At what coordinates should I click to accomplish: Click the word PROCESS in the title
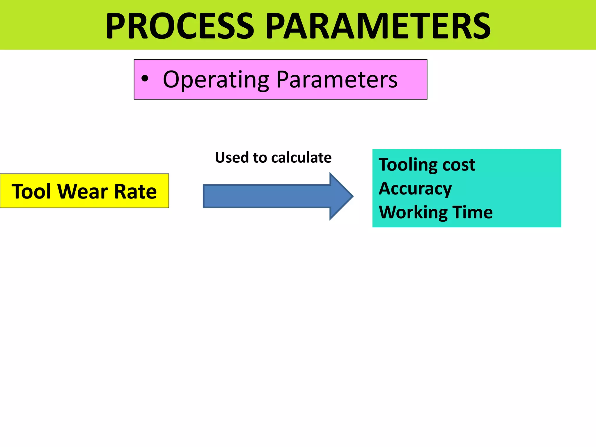(180, 26)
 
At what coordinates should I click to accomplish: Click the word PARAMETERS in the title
(378, 26)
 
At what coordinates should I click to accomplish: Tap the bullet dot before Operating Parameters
(145, 79)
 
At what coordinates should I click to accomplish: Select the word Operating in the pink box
(216, 80)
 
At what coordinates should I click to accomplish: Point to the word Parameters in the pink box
(337, 79)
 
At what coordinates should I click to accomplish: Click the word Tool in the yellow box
(31, 191)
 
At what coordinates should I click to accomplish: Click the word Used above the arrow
(232, 158)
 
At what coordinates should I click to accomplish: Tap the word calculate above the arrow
(301, 158)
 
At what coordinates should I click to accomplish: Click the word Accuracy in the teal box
(415, 189)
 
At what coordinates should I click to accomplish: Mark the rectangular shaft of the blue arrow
(266, 196)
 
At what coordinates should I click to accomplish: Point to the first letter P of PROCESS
(115, 26)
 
